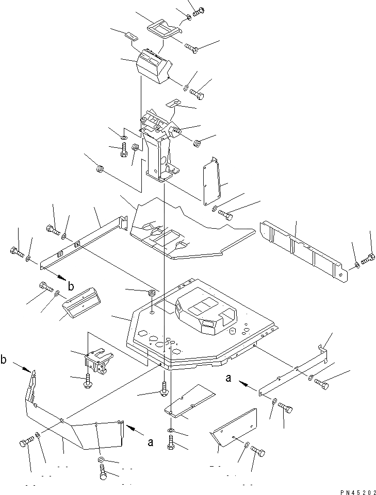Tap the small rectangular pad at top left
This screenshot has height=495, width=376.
[131, 36]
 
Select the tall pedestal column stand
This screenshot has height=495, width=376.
[157, 155]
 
